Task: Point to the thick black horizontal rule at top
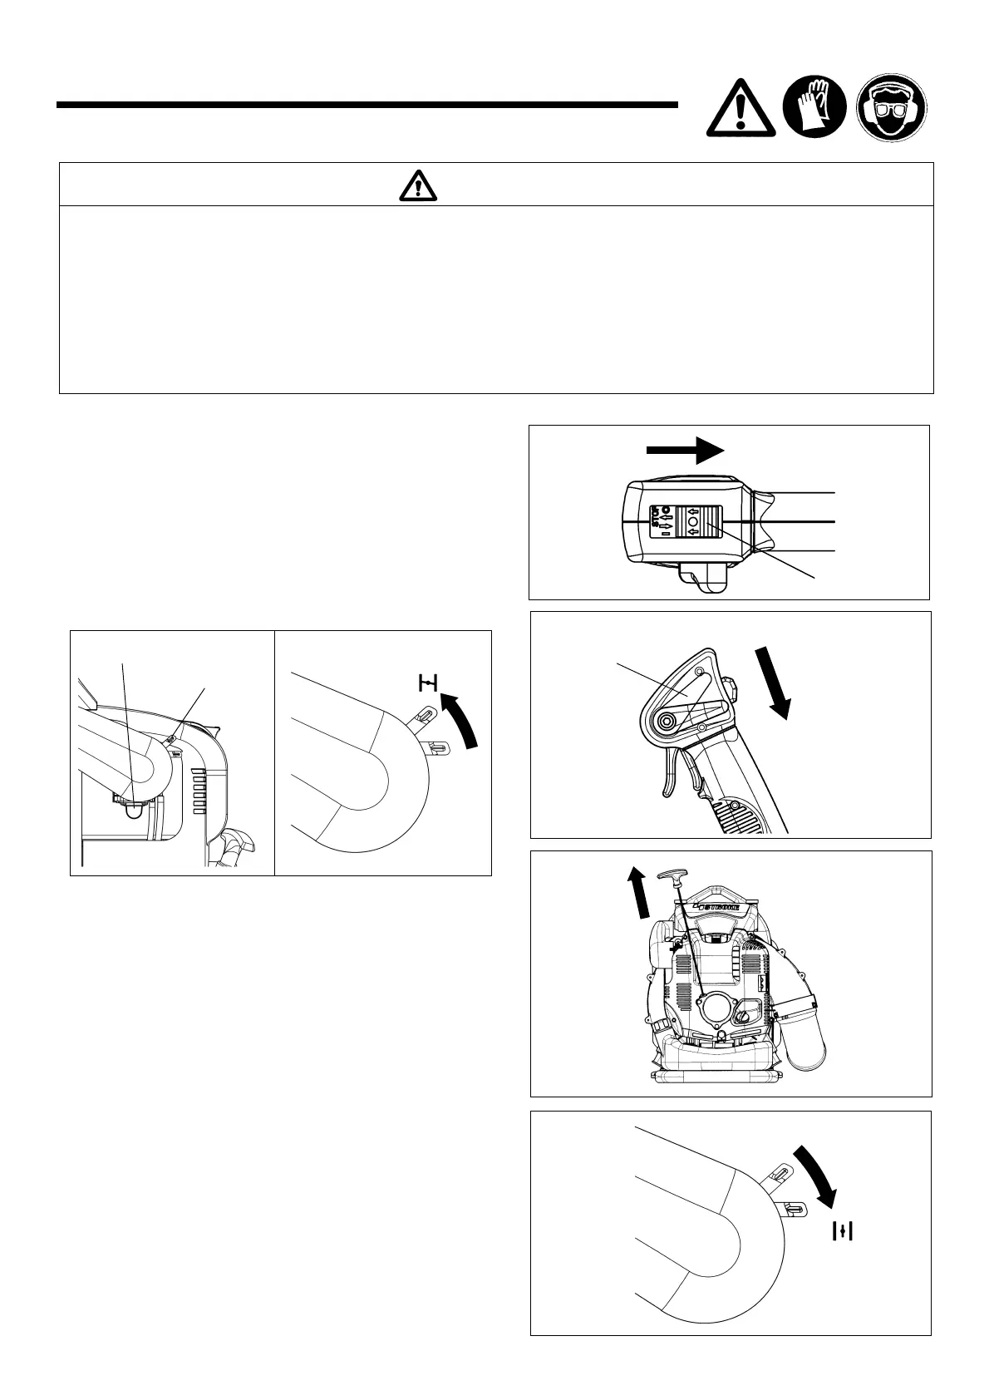pos(367,106)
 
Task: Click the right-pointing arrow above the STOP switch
pos(686,450)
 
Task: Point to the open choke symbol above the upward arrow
pos(427,683)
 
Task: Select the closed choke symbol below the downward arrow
pos(844,1231)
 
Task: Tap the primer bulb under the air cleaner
pos(131,811)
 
